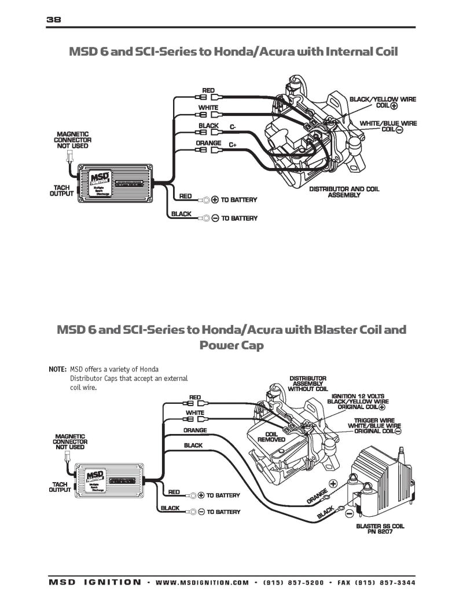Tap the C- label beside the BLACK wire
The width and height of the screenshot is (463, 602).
232,126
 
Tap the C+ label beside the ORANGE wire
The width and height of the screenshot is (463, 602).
232,144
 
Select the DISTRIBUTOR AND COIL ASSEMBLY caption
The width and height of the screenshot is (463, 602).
344,192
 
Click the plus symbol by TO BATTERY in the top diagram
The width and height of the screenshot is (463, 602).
215,200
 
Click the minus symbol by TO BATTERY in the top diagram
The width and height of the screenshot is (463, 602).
215,218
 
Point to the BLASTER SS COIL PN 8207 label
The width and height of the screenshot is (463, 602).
380,529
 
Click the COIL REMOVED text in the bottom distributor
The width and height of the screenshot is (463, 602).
271,437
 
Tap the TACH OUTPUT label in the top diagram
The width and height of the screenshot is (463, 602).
61,191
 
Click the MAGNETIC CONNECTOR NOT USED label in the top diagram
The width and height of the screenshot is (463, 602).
72,140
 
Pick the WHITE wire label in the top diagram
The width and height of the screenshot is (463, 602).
208,108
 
